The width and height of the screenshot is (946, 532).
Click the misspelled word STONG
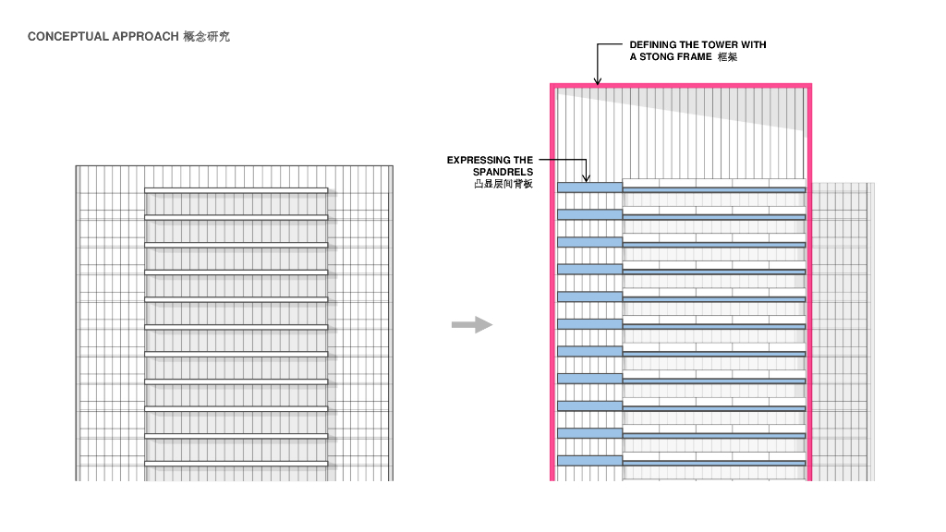[x=659, y=56]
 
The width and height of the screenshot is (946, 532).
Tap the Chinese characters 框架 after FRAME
[x=727, y=56]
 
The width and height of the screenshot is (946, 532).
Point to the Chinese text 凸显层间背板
[x=503, y=184]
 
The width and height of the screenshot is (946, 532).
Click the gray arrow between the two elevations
[x=471, y=324]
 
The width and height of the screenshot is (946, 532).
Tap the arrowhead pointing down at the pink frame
[x=598, y=80]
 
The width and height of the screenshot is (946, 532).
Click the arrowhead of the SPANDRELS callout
[x=586, y=177]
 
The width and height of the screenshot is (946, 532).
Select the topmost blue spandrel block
[x=590, y=187]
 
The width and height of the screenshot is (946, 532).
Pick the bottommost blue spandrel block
[x=590, y=460]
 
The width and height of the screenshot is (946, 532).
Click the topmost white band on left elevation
[x=236, y=190]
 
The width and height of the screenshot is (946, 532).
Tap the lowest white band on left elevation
[x=236, y=462]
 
